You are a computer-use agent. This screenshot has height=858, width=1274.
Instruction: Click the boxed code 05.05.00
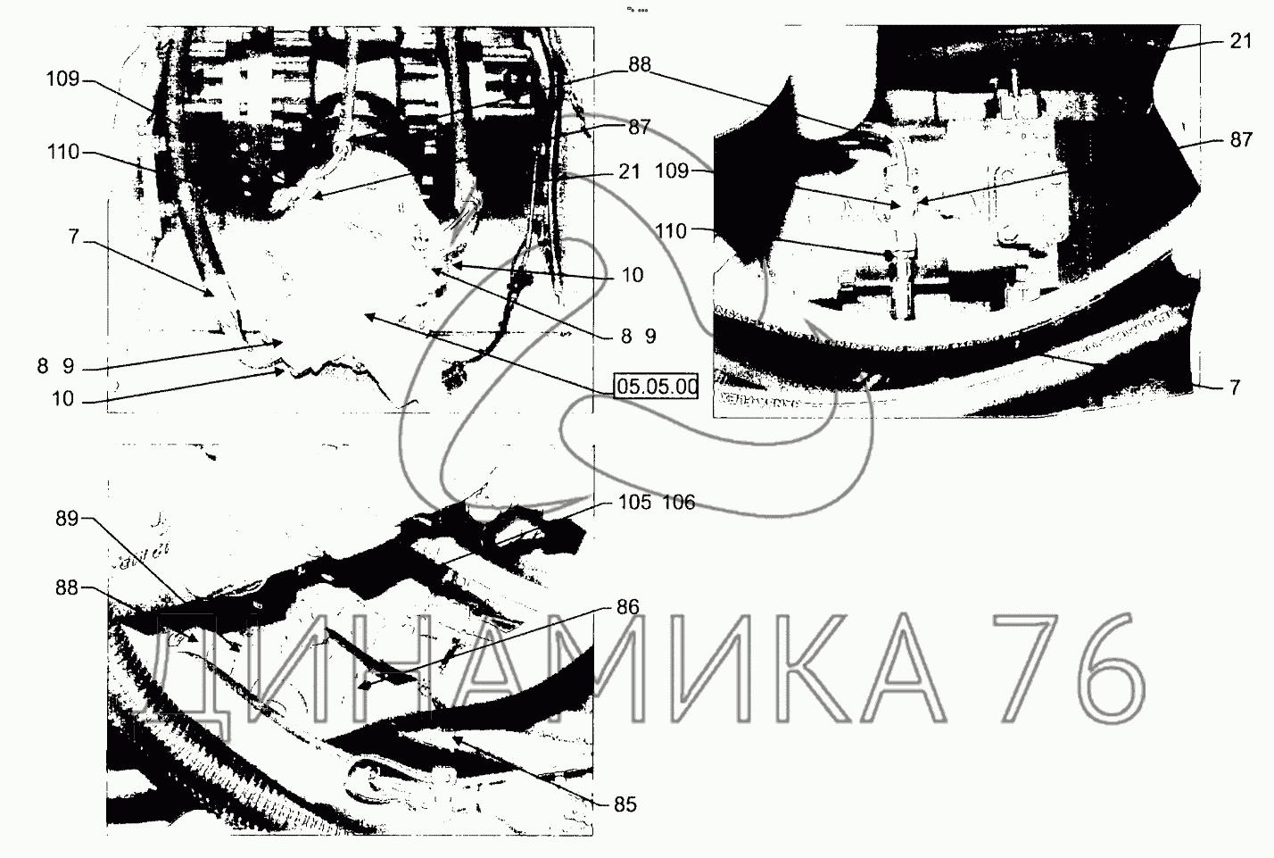[x=657, y=387]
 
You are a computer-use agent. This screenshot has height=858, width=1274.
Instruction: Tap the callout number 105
[x=634, y=502]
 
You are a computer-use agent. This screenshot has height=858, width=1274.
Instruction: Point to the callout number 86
[x=628, y=607]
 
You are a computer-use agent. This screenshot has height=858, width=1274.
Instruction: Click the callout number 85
[x=625, y=804]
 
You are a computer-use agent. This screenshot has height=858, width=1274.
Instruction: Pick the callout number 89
[x=67, y=520]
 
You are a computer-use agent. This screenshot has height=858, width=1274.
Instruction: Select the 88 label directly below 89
[x=67, y=587]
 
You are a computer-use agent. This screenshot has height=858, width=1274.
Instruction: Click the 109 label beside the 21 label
[x=672, y=171]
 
